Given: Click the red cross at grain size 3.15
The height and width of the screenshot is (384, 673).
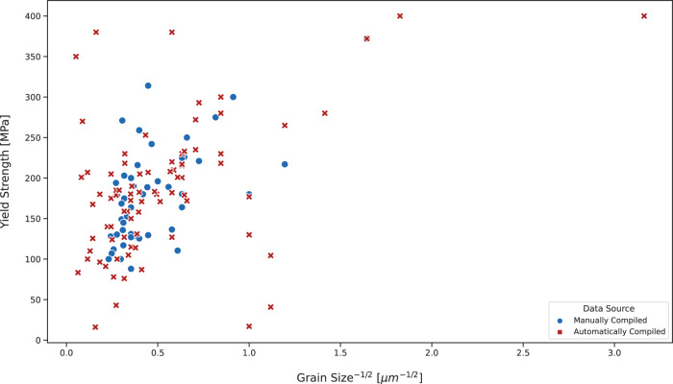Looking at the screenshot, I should pos(643,16).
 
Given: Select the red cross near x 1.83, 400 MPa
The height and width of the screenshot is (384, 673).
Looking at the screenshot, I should pos(400,16).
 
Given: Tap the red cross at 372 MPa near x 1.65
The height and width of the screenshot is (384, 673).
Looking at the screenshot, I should pos(367,38).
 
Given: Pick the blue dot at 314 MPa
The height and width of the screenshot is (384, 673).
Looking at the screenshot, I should pos(148,85).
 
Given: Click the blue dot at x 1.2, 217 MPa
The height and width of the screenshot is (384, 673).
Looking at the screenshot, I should pos(285,164).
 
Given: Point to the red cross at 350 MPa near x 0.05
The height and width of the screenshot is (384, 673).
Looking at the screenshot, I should pos(76,57).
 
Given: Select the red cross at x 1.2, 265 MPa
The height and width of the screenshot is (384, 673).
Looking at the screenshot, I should pos(285,125).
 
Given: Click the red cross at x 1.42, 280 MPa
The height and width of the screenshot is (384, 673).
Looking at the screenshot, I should pos(325,113).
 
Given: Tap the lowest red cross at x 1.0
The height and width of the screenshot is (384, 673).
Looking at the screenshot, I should pos(249,326).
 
